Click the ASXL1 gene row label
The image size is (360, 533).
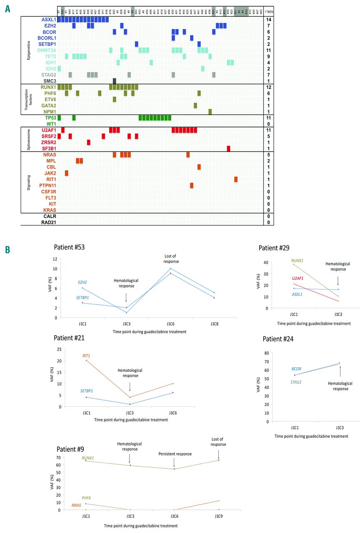point(48,20)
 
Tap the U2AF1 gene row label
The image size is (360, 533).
point(48,130)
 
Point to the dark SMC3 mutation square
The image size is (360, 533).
point(114,81)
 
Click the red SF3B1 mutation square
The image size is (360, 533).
point(228,149)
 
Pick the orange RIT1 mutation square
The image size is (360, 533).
point(236,179)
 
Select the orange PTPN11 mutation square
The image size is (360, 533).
point(192,185)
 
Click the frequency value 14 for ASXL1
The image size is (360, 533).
point(269,20)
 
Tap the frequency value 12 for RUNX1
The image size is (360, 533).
point(269,87)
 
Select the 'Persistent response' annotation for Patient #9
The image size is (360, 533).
point(175,454)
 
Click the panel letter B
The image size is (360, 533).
point(7,250)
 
